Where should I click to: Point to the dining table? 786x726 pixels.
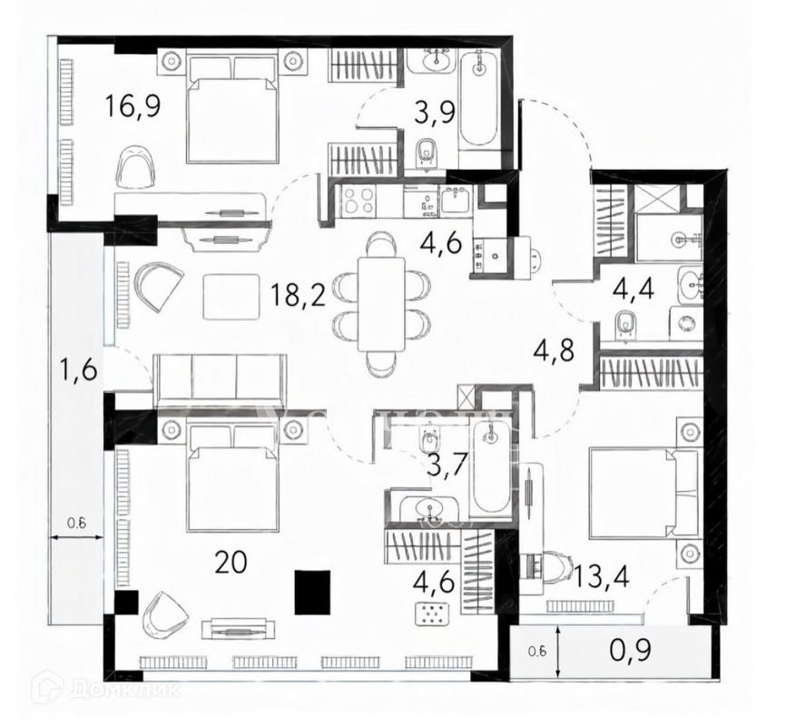pyautogui.click(x=381, y=304)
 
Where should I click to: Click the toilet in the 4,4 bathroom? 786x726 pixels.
pyautogui.click(x=624, y=325)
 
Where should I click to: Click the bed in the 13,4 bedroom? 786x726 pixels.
pyautogui.click(x=631, y=490)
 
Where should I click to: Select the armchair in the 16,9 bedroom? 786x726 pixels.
pyautogui.click(x=136, y=167)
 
